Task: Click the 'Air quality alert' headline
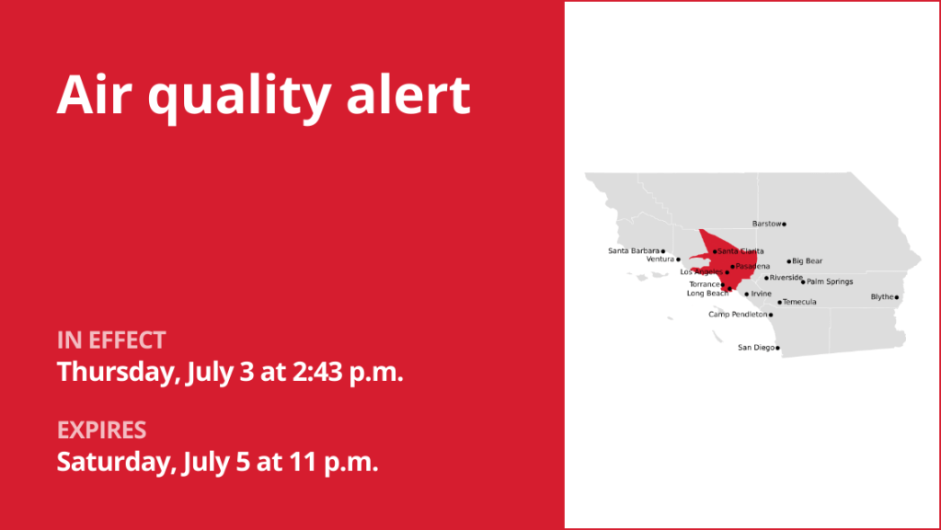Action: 263,95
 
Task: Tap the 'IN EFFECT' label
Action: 111,340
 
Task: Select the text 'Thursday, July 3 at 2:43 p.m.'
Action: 230,373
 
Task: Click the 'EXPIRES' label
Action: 102,430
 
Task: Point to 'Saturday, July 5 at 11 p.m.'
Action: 218,461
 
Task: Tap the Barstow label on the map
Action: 766,224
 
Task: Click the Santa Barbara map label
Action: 634,250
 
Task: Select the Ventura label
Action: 660,259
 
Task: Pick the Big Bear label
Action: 808,261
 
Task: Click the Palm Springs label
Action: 830,282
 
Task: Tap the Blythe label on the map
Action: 882,297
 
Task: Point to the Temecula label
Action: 799,302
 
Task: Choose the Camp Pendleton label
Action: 738,315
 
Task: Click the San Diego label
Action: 756,348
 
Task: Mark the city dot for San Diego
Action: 777,348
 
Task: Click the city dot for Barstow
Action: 784,224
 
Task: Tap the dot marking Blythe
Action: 897,297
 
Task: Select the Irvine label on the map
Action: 762,294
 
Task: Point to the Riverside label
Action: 786,278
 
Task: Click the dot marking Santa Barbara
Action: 663,250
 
